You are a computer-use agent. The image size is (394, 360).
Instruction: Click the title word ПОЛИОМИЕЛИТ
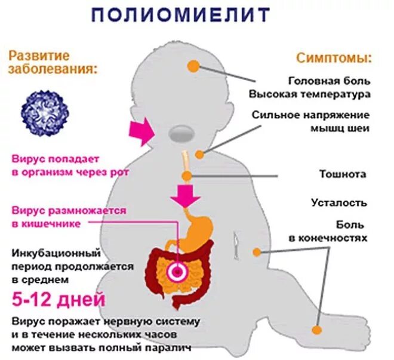180,15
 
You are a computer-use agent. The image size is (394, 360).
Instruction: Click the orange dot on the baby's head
193,66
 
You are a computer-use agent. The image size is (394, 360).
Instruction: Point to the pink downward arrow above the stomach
184,195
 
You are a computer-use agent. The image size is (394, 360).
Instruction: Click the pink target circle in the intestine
177,272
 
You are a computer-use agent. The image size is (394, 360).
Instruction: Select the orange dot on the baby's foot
317,329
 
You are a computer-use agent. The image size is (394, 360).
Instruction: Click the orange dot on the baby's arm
257,252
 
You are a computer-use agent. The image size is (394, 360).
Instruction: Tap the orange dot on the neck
199,155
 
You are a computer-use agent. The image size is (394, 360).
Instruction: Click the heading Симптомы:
334,59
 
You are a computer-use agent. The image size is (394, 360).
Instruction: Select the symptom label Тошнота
343,174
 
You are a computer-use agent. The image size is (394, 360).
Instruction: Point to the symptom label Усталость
338,202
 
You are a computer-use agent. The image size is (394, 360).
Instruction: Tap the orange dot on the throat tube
187,176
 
